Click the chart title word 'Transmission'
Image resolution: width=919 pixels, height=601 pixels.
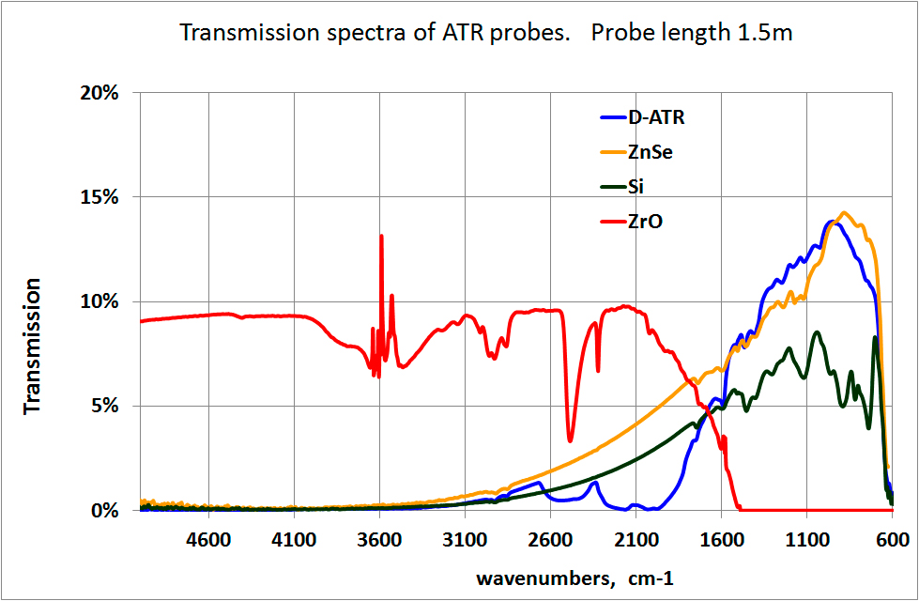tap(237, 34)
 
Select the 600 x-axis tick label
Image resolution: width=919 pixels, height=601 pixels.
tap(892, 540)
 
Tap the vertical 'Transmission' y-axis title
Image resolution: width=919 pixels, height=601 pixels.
tap(33, 346)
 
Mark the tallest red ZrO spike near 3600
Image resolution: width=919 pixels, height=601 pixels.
tap(381, 236)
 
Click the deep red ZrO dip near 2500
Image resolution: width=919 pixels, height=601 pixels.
tap(570, 439)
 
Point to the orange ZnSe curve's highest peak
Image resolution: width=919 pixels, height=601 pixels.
tap(843, 213)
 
